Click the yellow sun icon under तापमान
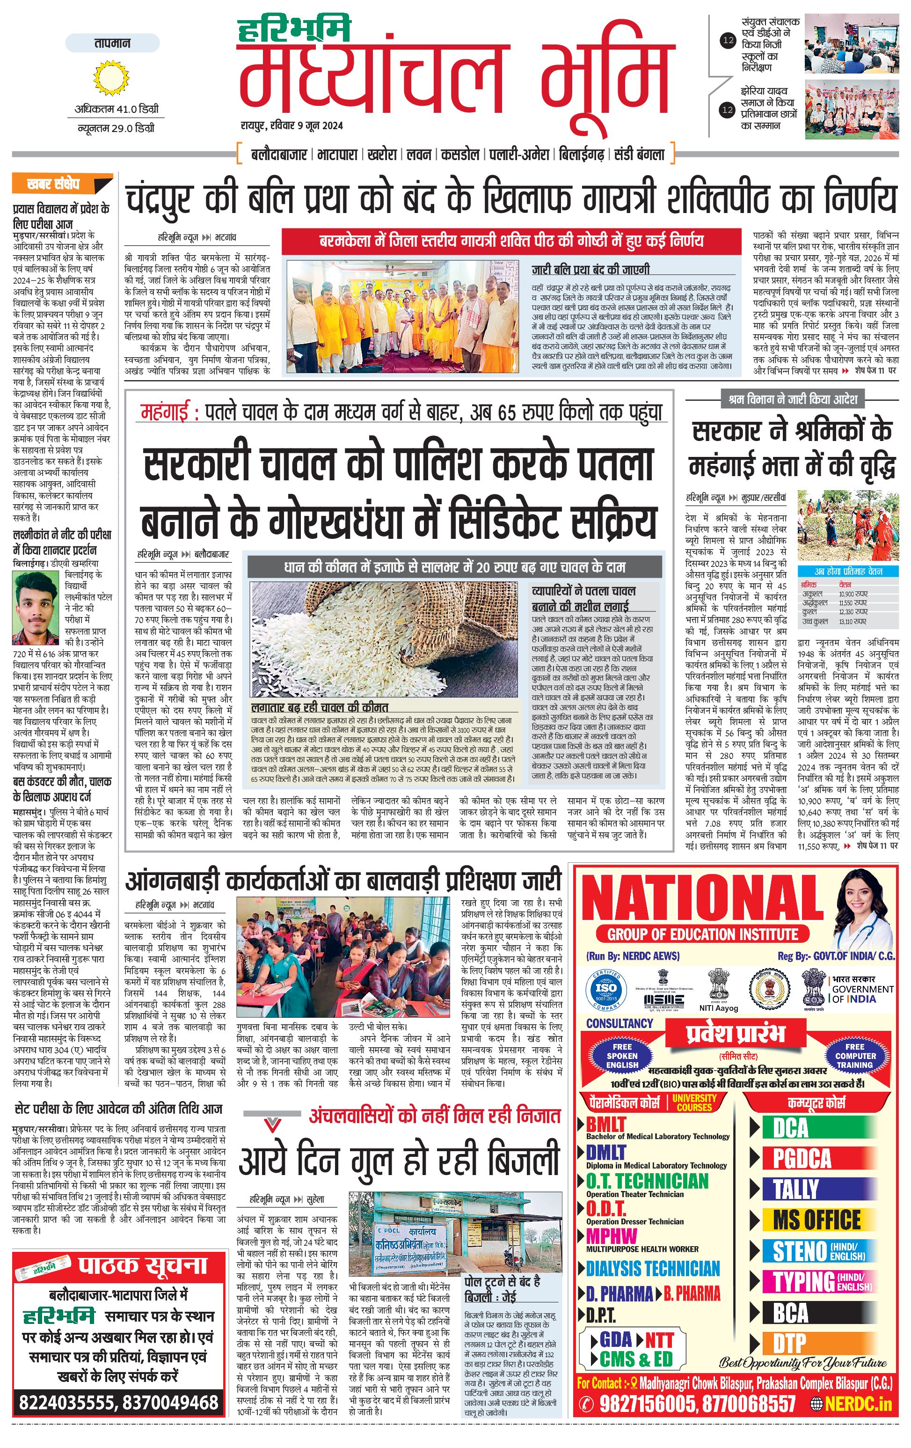(112, 79)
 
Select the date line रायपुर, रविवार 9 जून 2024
(292, 125)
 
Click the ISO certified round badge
(606, 989)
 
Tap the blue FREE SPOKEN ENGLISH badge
(622, 1055)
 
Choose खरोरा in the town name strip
(382, 154)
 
